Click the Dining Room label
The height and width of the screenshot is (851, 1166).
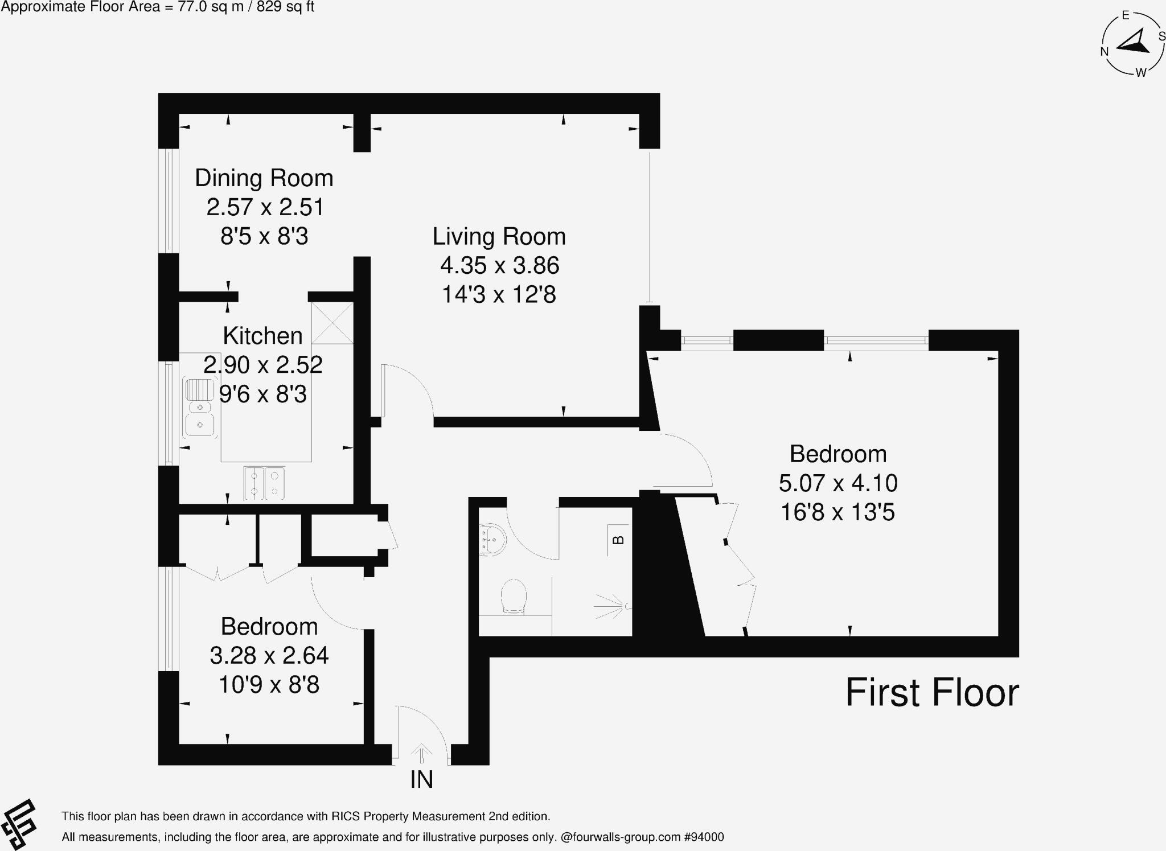coord(264,178)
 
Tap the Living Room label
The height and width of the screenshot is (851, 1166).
coord(499,237)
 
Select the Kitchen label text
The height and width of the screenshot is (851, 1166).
coord(262,336)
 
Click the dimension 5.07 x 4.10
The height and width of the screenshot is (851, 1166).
coord(838,483)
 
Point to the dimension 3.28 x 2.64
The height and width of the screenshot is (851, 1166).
coord(269,656)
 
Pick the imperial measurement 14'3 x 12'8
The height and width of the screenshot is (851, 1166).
coord(499,295)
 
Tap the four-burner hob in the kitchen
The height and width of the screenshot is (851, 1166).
coord(264,483)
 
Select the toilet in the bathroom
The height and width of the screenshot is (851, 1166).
coord(513,597)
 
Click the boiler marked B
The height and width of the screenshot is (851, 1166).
coord(618,540)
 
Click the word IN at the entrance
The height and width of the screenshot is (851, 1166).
coord(422,779)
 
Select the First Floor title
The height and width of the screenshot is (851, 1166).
coord(932,693)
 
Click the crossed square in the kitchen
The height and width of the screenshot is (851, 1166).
coord(332,323)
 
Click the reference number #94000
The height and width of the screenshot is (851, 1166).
coord(704,837)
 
